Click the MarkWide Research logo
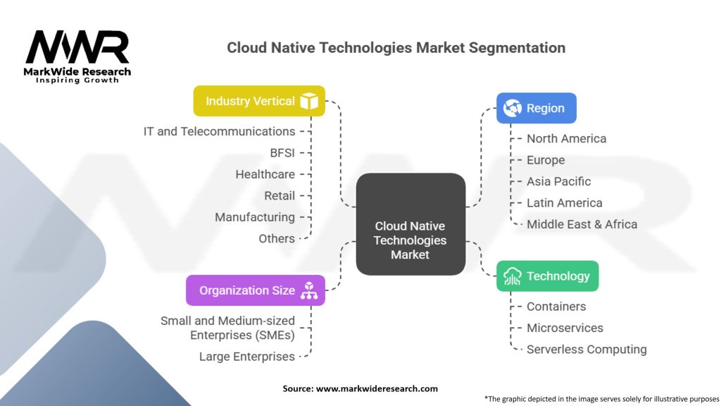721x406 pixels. [77, 54]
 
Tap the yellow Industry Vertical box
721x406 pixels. [259, 101]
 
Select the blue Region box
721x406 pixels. [536, 109]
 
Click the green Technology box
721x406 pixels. [547, 276]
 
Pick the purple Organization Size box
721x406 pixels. [255, 290]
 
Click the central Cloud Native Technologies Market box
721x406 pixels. [410, 240]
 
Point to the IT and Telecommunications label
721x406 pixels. [219, 131]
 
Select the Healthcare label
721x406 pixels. [265, 174]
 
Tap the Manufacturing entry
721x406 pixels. [255, 217]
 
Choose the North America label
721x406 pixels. [566, 138]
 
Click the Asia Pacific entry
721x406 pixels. [558, 181]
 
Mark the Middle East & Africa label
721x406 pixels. [582, 224]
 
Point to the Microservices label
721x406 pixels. [565, 328]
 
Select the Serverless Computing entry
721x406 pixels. [587, 349]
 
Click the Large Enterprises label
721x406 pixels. [246, 356]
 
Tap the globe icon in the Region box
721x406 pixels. [513, 109]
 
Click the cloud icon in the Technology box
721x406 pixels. [512, 276]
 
